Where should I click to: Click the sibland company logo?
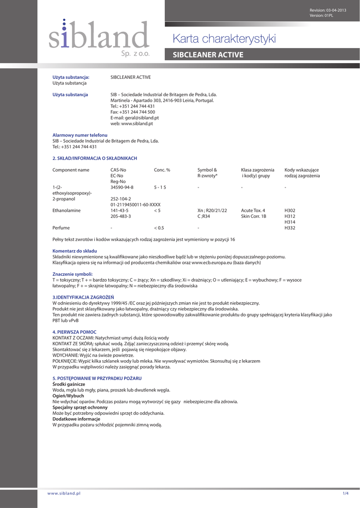point(99,37)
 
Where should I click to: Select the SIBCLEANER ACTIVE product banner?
point(208,55)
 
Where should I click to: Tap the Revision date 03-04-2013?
point(335,10)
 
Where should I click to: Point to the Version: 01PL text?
point(322,15)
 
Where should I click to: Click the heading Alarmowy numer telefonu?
point(80,135)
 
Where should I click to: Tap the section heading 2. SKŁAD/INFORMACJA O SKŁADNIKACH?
point(95,158)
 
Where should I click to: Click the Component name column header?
point(71,170)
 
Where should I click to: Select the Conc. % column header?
point(162,170)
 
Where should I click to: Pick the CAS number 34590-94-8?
point(122,187)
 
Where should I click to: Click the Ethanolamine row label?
point(67,210)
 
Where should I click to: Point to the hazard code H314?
point(289,222)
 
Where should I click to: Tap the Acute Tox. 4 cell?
point(253,210)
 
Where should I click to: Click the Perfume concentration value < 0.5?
point(159,228)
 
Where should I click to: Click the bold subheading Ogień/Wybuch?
point(68,396)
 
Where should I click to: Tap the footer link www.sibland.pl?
point(64,493)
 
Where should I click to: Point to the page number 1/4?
point(346,493)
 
